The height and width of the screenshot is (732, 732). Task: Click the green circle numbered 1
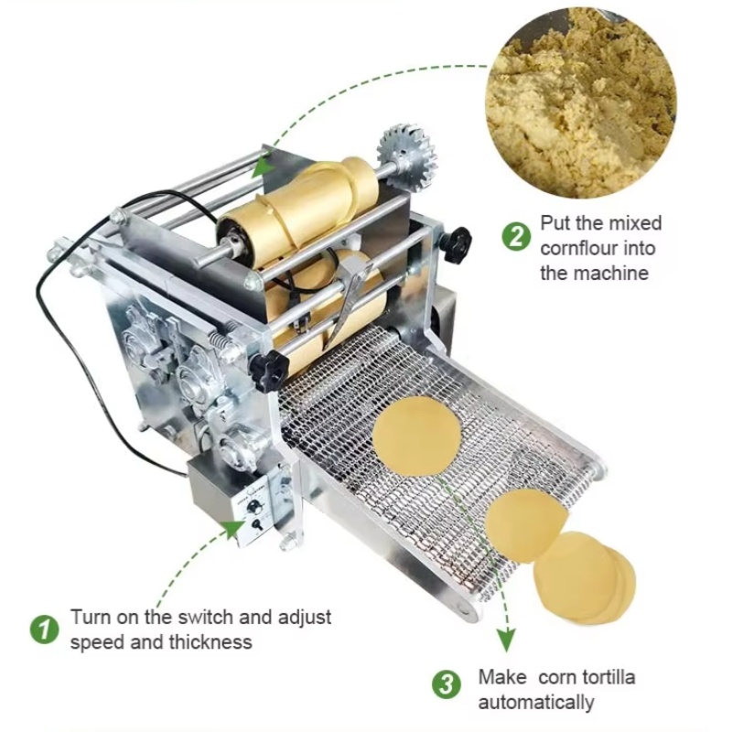(x=41, y=630)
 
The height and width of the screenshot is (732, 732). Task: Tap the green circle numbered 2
(x=516, y=235)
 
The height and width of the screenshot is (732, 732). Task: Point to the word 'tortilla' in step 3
(x=604, y=678)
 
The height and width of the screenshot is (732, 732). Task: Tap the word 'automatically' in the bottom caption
(x=536, y=703)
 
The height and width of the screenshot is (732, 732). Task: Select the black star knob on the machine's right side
(x=455, y=242)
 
